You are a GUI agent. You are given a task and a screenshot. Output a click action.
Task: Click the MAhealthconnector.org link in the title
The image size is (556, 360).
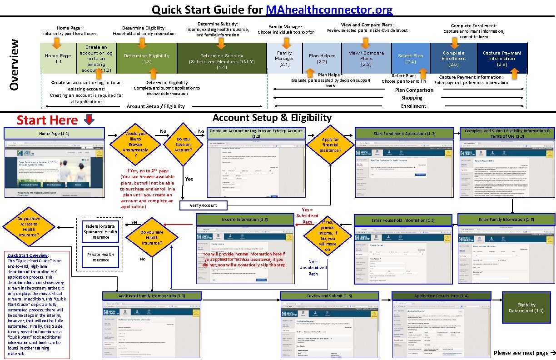point(329,10)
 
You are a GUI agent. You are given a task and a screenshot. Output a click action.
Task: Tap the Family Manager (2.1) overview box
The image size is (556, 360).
point(284,58)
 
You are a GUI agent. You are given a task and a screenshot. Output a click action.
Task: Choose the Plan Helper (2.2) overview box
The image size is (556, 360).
point(322,58)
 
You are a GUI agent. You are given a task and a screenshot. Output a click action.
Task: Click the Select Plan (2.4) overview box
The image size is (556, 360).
point(410,58)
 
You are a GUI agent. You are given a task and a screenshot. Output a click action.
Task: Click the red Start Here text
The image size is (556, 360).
point(47,120)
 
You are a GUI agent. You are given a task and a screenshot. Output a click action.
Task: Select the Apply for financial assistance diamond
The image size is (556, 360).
point(330,145)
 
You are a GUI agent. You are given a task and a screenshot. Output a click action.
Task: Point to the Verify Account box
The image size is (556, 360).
point(203,205)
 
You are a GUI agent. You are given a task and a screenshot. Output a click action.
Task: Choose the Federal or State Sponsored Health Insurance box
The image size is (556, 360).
point(100,231)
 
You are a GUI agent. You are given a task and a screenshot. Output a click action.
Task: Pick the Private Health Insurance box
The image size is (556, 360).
point(100,257)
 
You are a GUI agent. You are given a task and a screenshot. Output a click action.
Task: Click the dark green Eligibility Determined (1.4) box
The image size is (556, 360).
point(526,308)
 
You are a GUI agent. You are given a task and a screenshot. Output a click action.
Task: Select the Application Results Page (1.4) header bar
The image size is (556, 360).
point(442,296)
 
